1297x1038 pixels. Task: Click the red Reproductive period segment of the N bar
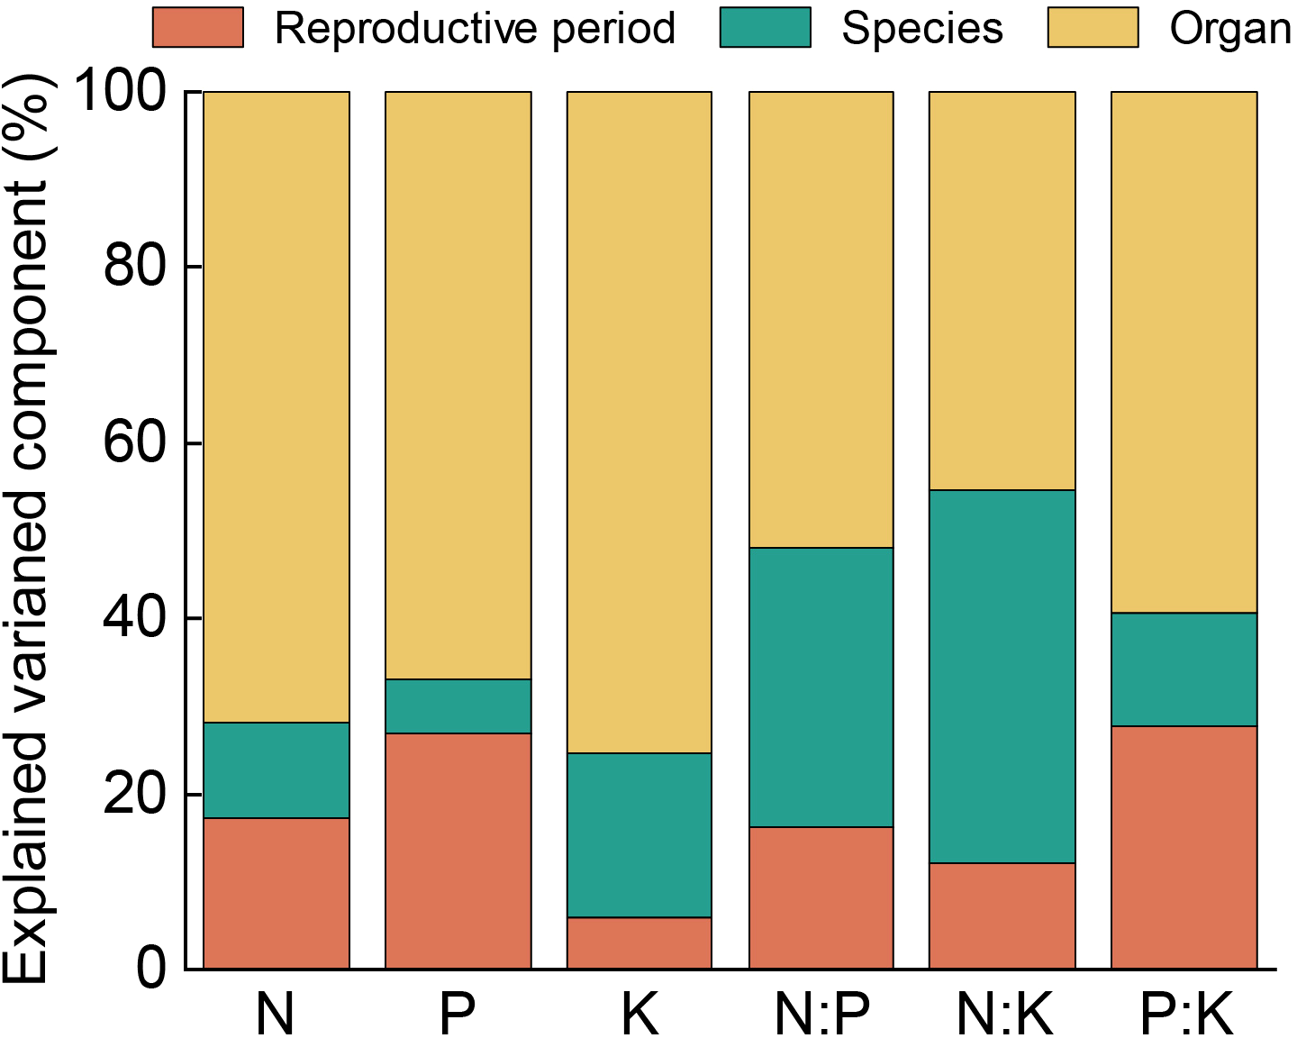tap(277, 893)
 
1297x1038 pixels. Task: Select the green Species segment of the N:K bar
tap(1002, 677)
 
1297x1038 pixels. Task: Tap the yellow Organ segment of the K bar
tap(639, 422)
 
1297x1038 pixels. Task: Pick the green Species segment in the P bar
tap(458, 706)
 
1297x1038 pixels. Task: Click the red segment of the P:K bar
tap(1184, 847)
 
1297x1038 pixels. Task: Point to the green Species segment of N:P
tap(821, 687)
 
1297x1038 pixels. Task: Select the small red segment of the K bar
tap(639, 942)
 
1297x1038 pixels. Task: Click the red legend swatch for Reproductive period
tap(198, 28)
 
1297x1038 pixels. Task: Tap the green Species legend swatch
tap(765, 28)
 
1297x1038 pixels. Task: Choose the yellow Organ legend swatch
tap(1093, 28)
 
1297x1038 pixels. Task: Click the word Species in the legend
tap(921, 29)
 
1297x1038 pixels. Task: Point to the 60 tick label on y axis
tap(135, 442)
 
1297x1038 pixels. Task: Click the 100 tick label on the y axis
tap(123, 91)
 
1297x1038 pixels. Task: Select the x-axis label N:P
tap(821, 1014)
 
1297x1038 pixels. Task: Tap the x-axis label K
tap(639, 1014)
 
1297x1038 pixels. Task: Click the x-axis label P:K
tap(1185, 1014)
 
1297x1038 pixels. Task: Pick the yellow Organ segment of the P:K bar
tap(1184, 351)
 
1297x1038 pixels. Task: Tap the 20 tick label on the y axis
tap(135, 794)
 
